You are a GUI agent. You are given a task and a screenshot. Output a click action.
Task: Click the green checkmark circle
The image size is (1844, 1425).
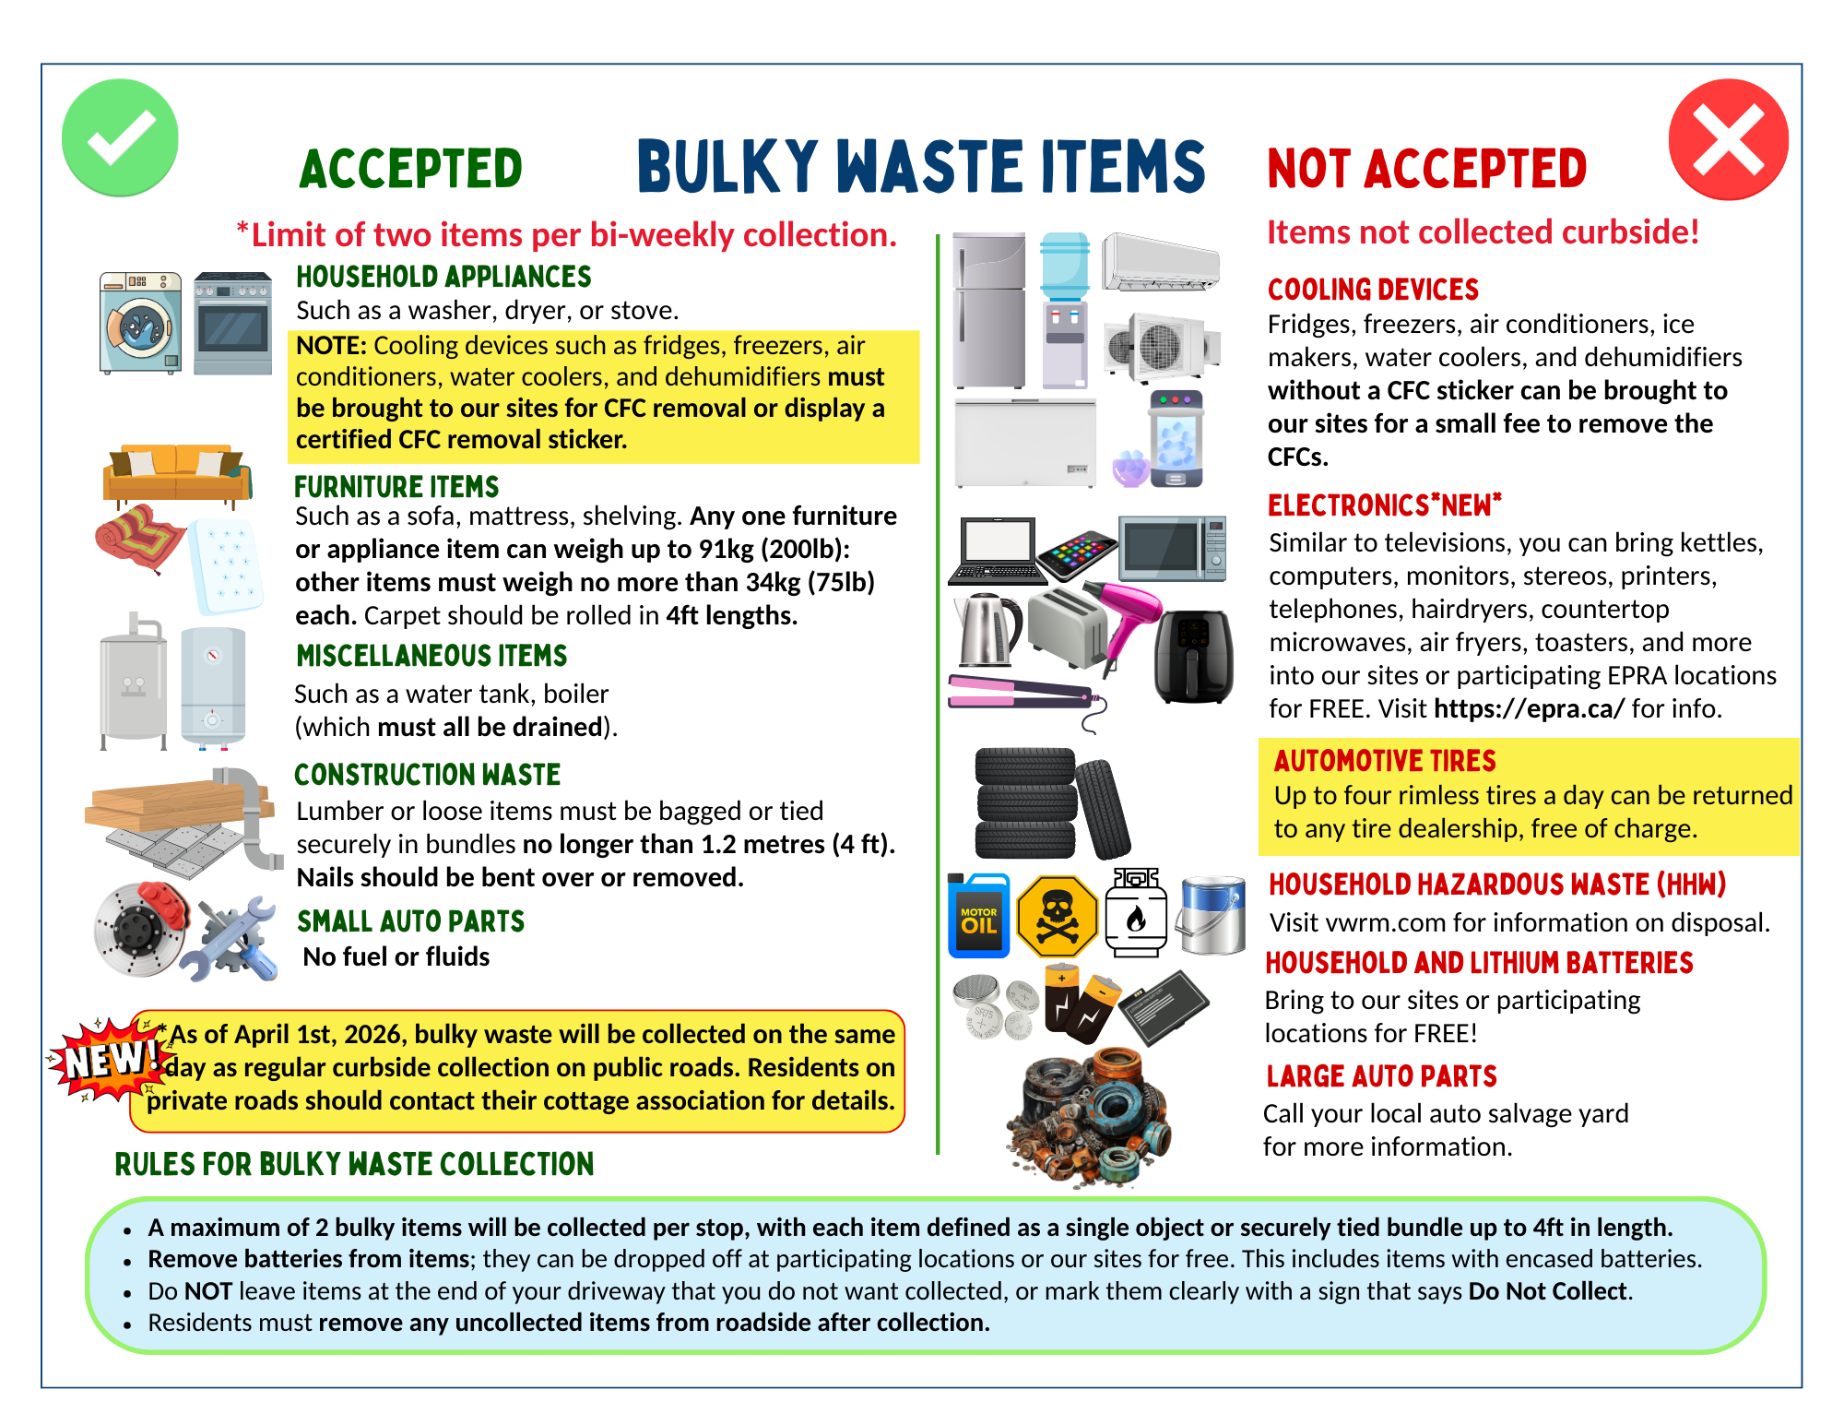click(x=120, y=137)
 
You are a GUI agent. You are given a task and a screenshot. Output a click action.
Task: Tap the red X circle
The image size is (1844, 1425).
click(x=1728, y=139)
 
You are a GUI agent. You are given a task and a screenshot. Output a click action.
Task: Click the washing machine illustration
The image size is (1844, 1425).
click(x=140, y=322)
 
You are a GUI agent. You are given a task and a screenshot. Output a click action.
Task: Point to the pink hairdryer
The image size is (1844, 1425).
click(x=1128, y=617)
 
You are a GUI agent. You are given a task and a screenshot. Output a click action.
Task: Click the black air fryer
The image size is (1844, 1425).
click(x=1193, y=655)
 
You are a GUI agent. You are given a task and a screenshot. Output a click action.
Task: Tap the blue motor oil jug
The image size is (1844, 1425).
click(x=978, y=916)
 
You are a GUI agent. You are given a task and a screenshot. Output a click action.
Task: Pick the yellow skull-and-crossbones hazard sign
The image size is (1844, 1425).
click(x=1057, y=917)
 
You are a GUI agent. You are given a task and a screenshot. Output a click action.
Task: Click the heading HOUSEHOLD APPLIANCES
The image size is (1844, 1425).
click(x=443, y=277)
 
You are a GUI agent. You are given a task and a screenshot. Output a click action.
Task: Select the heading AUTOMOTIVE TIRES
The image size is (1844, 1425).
click(x=1385, y=761)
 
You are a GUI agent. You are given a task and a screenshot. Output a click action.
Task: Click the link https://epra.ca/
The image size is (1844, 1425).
click(x=1529, y=708)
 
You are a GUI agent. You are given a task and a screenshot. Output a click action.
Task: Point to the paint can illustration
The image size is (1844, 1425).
click(x=1212, y=915)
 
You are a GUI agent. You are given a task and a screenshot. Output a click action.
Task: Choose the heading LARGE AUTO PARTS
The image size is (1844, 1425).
click(x=1381, y=1076)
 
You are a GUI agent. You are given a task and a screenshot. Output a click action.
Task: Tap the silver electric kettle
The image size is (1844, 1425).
click(x=988, y=630)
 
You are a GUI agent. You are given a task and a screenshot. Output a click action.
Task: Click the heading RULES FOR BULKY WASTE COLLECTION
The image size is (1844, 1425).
click(x=354, y=1164)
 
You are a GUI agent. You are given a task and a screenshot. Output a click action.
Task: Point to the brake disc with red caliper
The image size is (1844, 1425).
click(x=141, y=928)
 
